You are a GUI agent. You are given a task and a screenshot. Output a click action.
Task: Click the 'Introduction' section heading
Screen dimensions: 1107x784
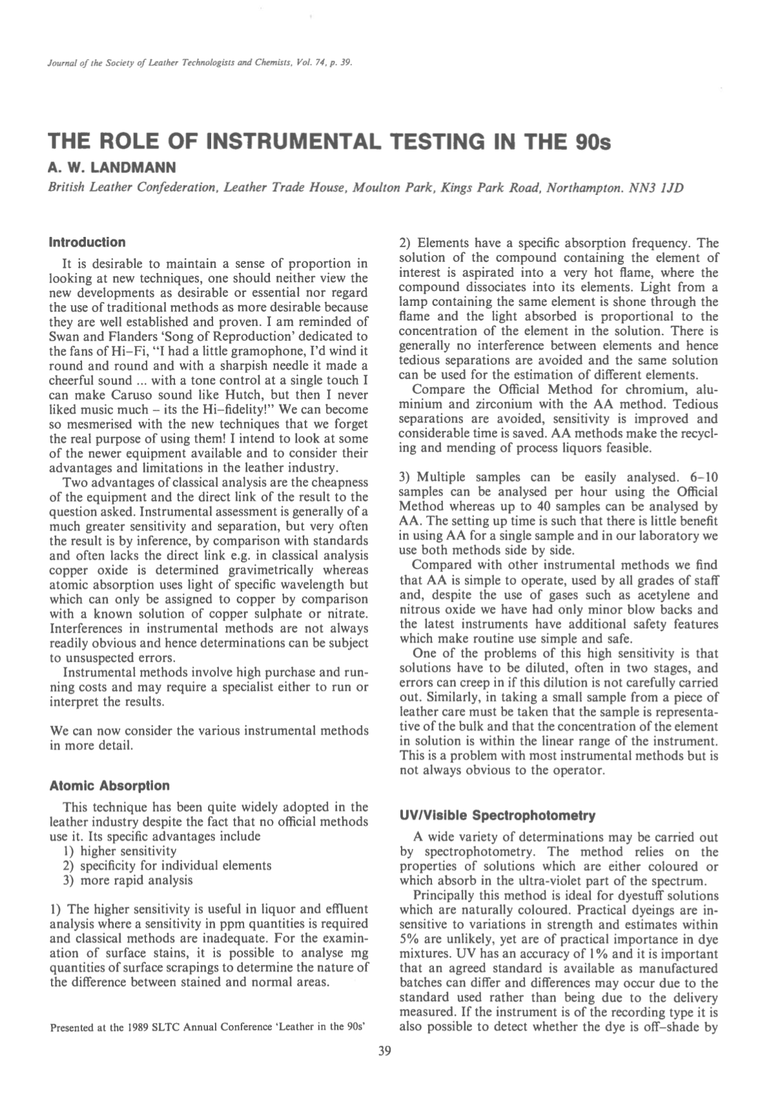point(87,243)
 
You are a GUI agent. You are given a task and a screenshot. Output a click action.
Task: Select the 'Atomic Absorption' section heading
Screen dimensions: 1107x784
point(110,786)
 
